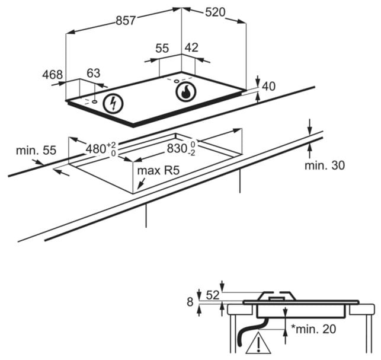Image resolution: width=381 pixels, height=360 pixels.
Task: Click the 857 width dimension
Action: [x=125, y=20]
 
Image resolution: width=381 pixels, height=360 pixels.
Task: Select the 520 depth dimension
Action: [x=215, y=12]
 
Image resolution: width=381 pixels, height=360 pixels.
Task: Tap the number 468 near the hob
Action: [x=53, y=75]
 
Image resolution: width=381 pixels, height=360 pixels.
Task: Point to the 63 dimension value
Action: [x=94, y=73]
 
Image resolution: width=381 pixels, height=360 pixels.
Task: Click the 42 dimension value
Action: [x=192, y=47]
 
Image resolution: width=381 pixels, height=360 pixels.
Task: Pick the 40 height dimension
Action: [x=269, y=87]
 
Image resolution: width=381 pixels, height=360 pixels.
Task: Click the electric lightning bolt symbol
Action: [x=113, y=104]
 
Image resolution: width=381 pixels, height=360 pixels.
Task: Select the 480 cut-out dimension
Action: [x=101, y=149]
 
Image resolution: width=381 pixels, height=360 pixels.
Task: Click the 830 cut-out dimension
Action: [x=181, y=148]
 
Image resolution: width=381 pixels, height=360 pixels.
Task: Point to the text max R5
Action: [x=158, y=171]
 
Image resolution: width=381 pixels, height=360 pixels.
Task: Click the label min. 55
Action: [x=36, y=150]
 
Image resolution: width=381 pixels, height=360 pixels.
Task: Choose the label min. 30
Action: [x=325, y=165]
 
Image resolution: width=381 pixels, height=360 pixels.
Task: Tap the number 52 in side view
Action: [x=213, y=295]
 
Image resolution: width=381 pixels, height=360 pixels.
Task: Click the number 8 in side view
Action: [x=190, y=302]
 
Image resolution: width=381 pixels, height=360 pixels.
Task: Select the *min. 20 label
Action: [x=313, y=329]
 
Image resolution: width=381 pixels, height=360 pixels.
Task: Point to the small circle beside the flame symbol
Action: [x=177, y=81]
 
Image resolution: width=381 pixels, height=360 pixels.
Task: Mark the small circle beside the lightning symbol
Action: [x=94, y=101]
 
